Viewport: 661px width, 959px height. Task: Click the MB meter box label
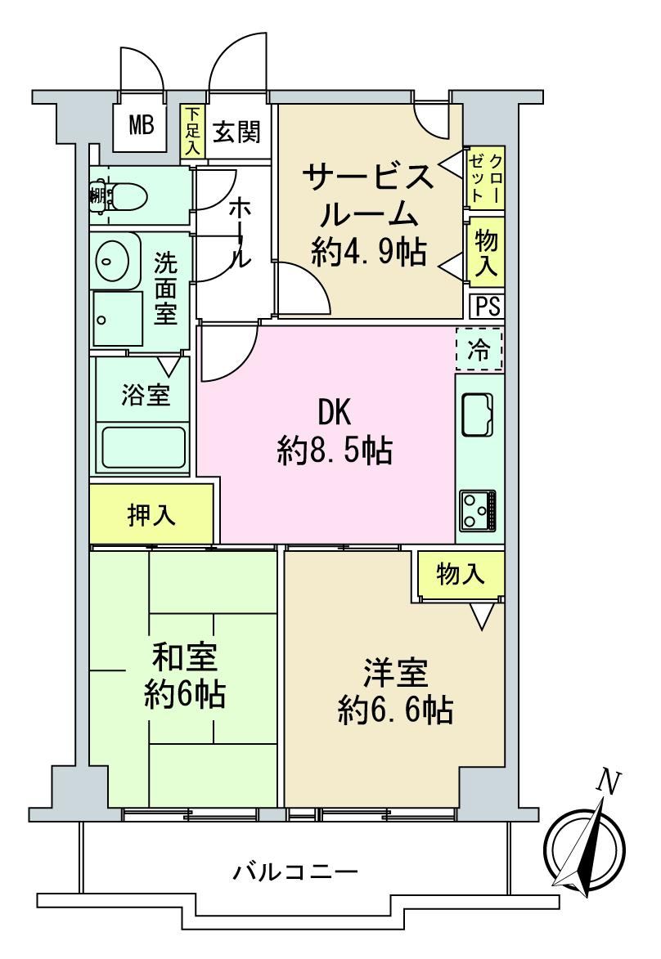coord(141,126)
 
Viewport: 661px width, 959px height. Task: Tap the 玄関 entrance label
coord(236,132)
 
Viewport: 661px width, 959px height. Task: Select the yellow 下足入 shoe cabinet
coord(193,132)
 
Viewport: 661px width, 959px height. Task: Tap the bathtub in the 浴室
coord(144,448)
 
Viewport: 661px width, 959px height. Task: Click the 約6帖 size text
coord(185,696)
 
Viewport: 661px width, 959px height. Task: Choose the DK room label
coord(334,414)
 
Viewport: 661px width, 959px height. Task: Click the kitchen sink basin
coord(478,415)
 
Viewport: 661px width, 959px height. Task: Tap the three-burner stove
coord(479,509)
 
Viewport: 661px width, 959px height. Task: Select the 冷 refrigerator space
coord(479,350)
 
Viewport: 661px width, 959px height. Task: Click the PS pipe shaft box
coord(488,306)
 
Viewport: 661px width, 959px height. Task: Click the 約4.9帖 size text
coord(368,251)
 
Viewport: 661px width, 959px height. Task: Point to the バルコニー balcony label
coord(295,871)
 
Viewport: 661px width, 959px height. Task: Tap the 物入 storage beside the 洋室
coord(461,574)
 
